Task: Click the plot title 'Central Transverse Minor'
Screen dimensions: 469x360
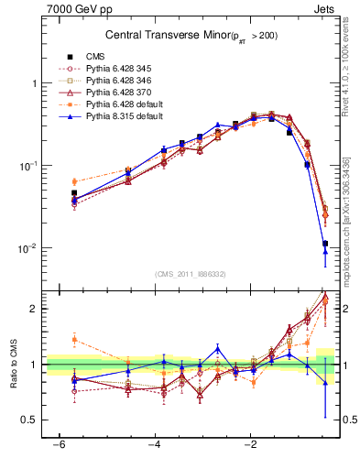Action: (165, 35)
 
